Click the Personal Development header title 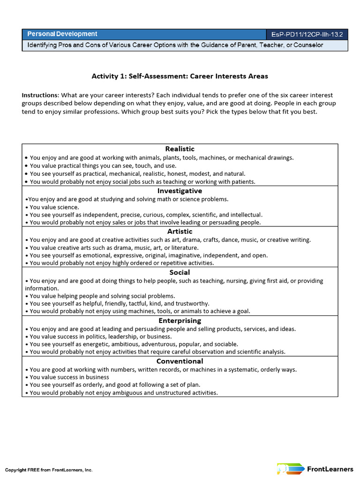(62, 34)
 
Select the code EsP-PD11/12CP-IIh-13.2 (307, 35)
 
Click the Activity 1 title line (180, 76)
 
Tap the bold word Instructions (40, 95)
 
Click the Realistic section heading (180, 149)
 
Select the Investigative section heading (180, 191)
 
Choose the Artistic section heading (180, 232)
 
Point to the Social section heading (180, 272)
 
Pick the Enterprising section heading (180, 321)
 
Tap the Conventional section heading (180, 361)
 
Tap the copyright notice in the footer (49, 469)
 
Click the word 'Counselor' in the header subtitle (307, 45)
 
